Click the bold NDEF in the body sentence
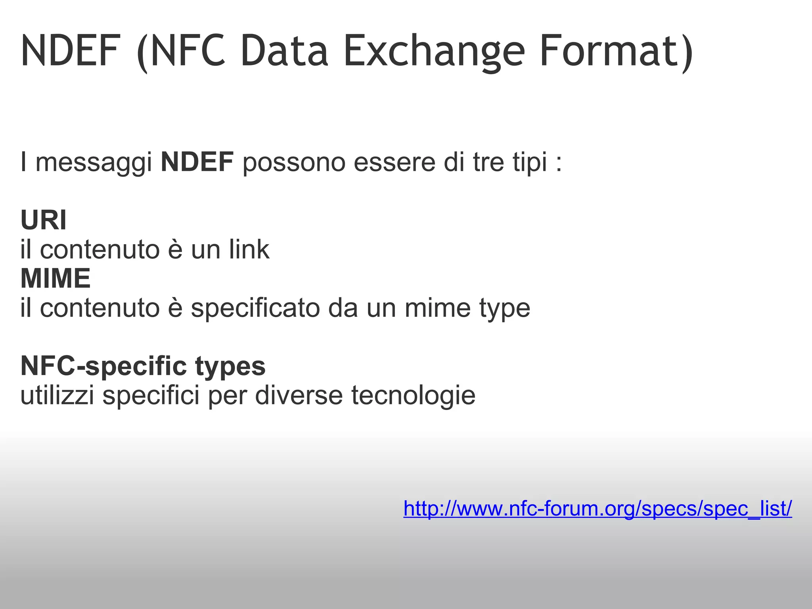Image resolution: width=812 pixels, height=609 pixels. point(197,162)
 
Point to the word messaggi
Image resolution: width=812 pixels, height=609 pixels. point(94,163)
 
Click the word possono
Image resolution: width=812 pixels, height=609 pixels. point(294,163)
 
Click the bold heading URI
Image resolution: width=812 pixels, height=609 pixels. point(44,220)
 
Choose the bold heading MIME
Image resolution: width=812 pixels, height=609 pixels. point(56,278)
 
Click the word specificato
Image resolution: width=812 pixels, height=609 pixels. point(255,308)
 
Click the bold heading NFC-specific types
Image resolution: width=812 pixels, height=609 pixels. point(143,366)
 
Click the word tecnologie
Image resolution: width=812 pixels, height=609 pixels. point(413,396)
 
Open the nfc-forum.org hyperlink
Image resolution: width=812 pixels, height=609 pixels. point(598,509)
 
